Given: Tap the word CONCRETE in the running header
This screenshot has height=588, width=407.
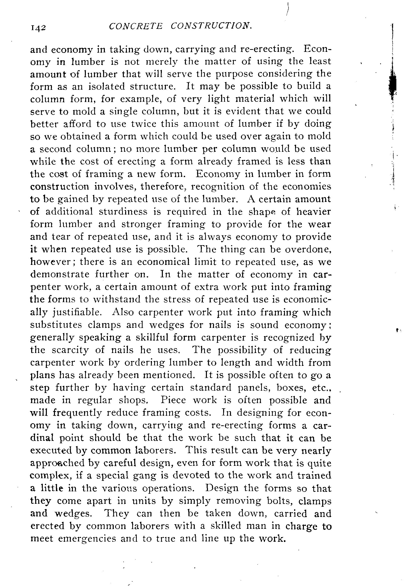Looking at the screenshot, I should pyautogui.click(x=135, y=26).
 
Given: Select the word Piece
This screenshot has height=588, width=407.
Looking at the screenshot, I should pyautogui.click(x=172, y=400).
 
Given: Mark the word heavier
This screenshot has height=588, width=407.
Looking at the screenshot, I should pyautogui.click(x=313, y=212).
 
